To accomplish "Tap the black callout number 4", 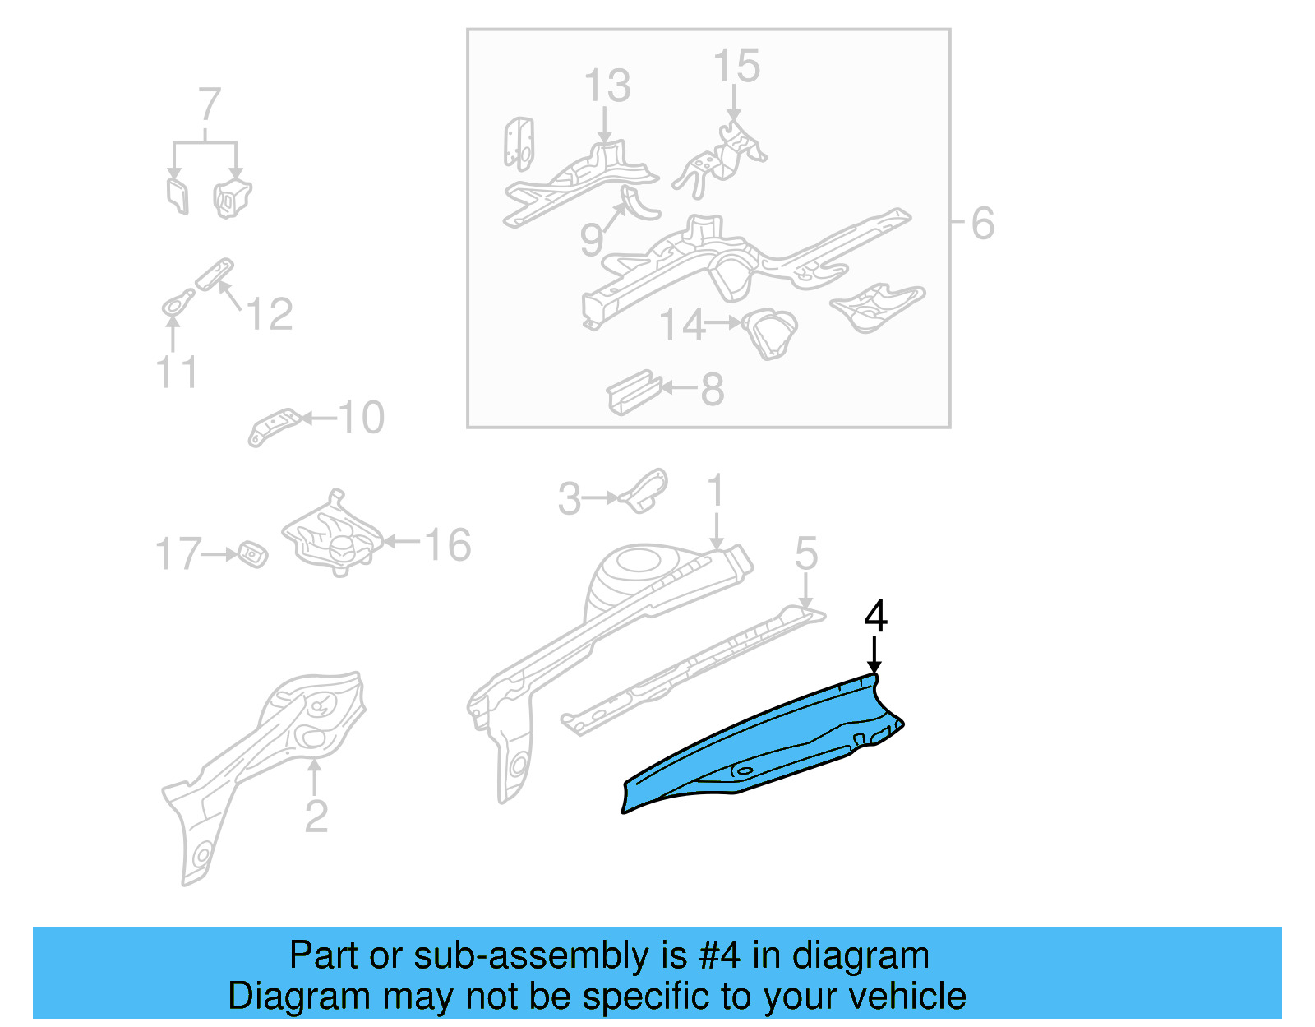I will (x=876, y=617).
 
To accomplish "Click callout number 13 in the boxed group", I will (x=607, y=86).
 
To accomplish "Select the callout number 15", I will (x=736, y=66).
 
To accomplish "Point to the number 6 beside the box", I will (x=983, y=224).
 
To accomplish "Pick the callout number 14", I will (x=683, y=325).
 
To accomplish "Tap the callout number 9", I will (x=591, y=239).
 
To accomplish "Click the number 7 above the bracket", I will (x=210, y=105).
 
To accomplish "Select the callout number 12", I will (x=270, y=314).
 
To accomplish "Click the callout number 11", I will (x=178, y=372).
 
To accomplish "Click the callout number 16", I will (x=448, y=545).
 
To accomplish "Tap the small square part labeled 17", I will (x=252, y=554).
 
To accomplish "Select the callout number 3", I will (x=570, y=499).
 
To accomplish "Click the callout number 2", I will (x=316, y=816).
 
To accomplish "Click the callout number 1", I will (x=716, y=491).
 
